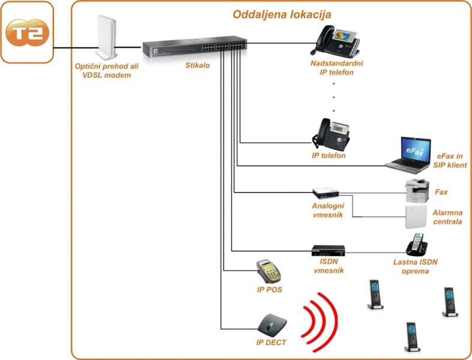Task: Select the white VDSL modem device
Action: click(106, 36)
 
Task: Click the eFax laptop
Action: click(410, 153)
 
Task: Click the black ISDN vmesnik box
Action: click(328, 250)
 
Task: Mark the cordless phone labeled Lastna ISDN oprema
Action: click(415, 245)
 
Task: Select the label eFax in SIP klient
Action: click(449, 160)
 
